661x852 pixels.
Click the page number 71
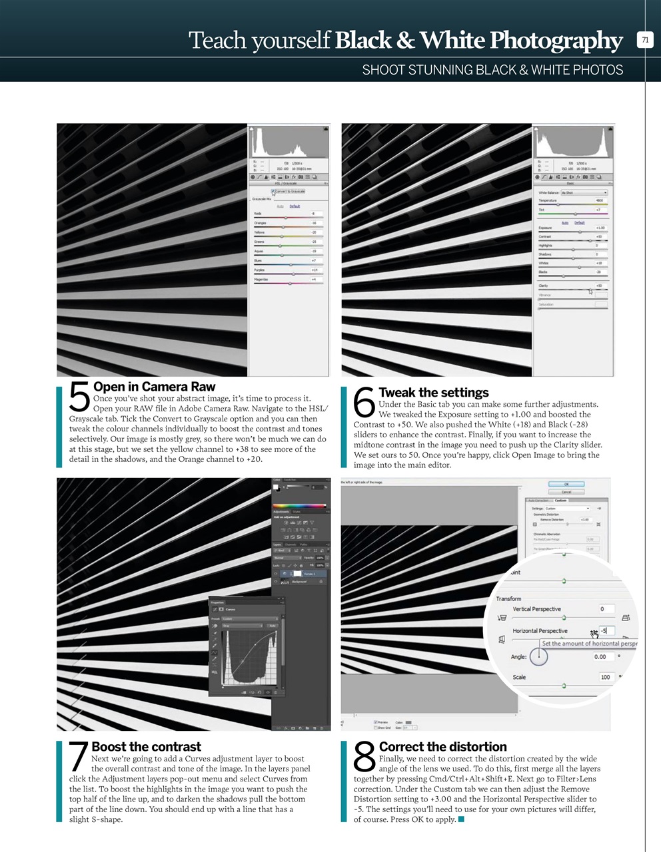point(644,40)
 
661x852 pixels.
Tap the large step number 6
point(364,404)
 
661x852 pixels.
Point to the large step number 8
point(364,759)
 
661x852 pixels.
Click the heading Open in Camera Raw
point(154,387)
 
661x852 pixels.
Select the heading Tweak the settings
point(433,393)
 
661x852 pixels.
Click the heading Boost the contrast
point(146,747)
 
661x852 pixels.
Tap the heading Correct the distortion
point(442,747)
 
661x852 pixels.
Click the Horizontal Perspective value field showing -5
point(606,630)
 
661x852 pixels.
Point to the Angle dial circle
point(538,656)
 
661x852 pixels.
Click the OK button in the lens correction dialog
point(566,485)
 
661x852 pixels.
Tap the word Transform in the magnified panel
point(508,598)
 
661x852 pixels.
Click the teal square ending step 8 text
point(461,819)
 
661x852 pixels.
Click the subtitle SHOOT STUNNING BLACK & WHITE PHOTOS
point(492,70)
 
